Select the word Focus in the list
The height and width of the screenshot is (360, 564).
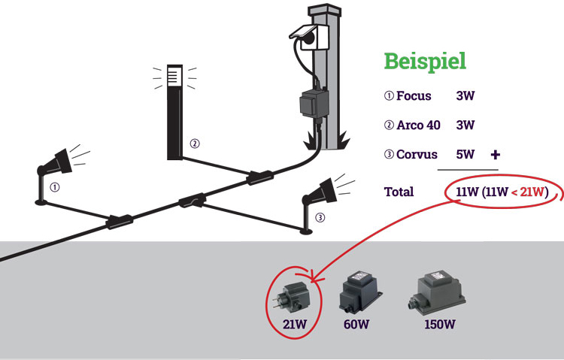click(414, 96)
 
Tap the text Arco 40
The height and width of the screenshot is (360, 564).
click(418, 125)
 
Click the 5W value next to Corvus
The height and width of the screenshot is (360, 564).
click(465, 155)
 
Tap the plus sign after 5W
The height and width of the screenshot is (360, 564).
click(495, 155)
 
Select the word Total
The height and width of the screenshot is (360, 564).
click(399, 192)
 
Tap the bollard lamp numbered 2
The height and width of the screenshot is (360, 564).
click(174, 113)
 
